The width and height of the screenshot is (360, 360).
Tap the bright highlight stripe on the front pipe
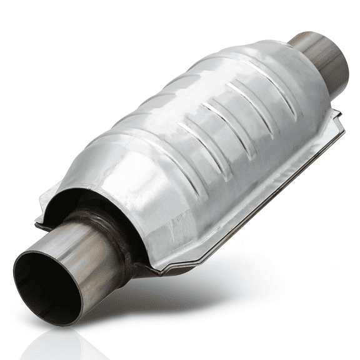tap(94, 250)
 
